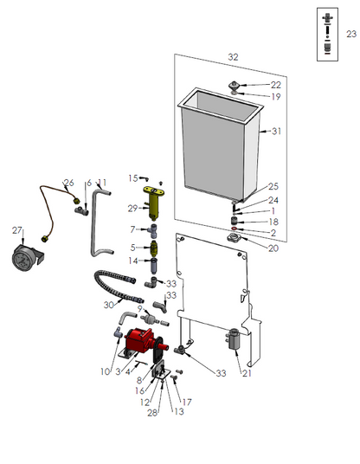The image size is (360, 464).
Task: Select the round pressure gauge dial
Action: click(22, 258)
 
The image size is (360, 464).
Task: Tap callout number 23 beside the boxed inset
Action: click(351, 34)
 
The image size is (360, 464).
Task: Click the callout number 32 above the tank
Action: click(233, 57)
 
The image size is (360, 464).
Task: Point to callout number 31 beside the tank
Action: click(276, 131)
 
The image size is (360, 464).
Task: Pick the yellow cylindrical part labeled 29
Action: click(153, 203)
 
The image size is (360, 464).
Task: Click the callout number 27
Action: click(17, 230)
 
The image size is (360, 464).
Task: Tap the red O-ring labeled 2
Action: click(234, 229)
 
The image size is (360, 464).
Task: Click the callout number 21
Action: click(247, 373)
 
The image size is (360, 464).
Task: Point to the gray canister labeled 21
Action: click(234, 338)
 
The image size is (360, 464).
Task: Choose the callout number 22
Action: click(276, 85)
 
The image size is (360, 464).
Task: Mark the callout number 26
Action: click(69, 183)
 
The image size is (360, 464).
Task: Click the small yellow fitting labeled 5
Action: click(154, 248)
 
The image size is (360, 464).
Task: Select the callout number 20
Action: click(273, 248)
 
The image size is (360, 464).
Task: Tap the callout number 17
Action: click(187, 402)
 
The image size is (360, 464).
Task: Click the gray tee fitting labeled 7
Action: click(153, 230)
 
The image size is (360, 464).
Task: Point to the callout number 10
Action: click(106, 371)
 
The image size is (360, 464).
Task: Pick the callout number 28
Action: click(152, 413)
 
